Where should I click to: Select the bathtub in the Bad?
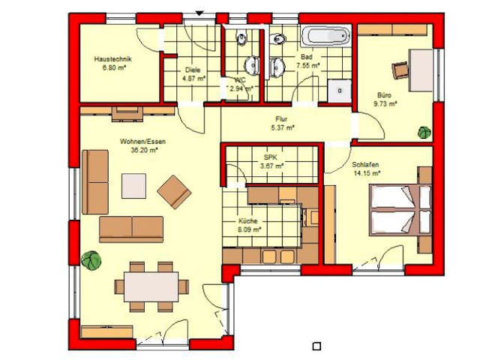[x=325, y=35]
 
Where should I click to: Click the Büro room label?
[x=385, y=95]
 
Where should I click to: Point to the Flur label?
[x=282, y=118]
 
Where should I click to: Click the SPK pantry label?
[x=271, y=157]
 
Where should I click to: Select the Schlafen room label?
[x=365, y=164]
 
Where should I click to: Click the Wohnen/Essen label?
[x=142, y=141]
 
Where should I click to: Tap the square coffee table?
[x=133, y=185]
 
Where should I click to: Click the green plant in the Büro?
[x=424, y=132]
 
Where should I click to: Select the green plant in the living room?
[x=93, y=261]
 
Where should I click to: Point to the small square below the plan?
[x=316, y=346]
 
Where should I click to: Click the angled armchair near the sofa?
[x=175, y=191]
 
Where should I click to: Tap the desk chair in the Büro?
[x=399, y=69]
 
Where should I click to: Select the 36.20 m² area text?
[x=142, y=150]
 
